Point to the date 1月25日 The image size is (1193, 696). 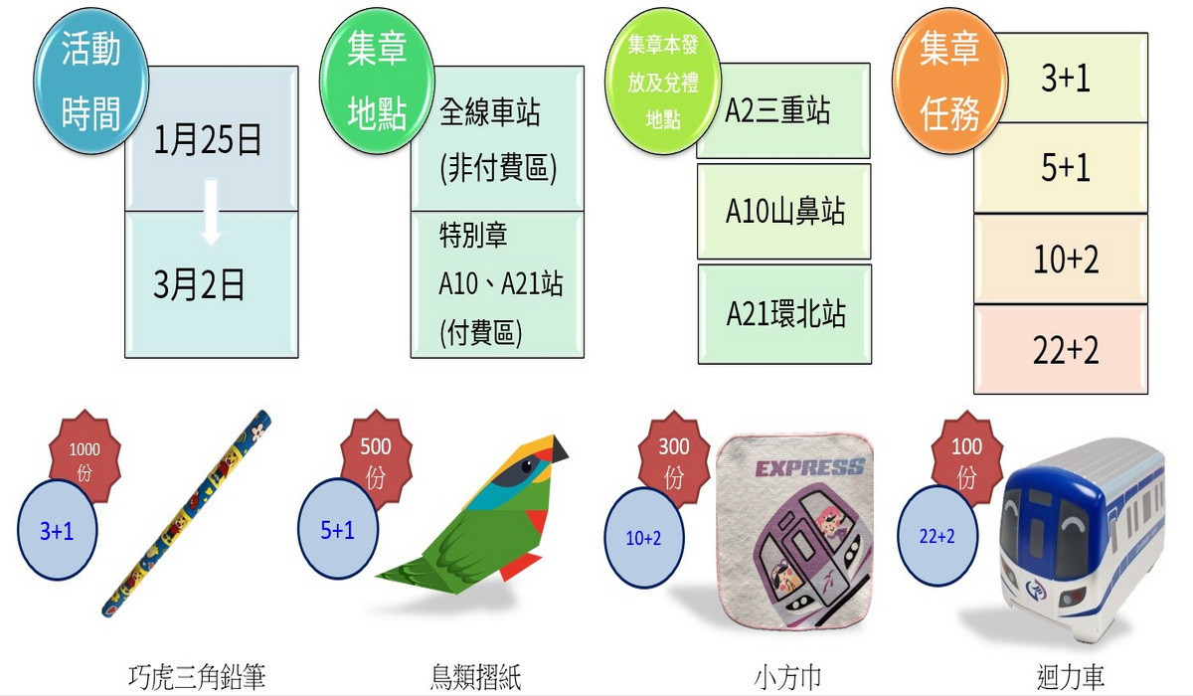208,141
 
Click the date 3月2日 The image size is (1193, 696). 199,286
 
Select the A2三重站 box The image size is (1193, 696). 783,110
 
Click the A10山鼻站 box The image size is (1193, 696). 784,211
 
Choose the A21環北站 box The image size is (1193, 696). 784,314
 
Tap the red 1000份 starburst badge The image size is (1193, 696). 85,458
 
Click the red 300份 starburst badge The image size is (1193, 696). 674,458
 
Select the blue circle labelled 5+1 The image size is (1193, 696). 338,531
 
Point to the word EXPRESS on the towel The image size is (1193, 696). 809,469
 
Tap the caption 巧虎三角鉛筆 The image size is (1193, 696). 197,678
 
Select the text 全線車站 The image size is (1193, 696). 489,112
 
